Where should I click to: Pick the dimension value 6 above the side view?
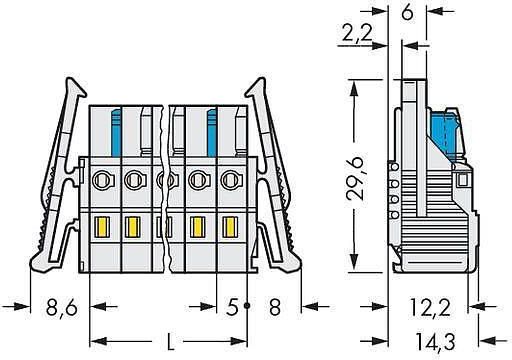407,14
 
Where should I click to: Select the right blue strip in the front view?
212,130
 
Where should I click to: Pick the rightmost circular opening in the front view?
231,181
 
